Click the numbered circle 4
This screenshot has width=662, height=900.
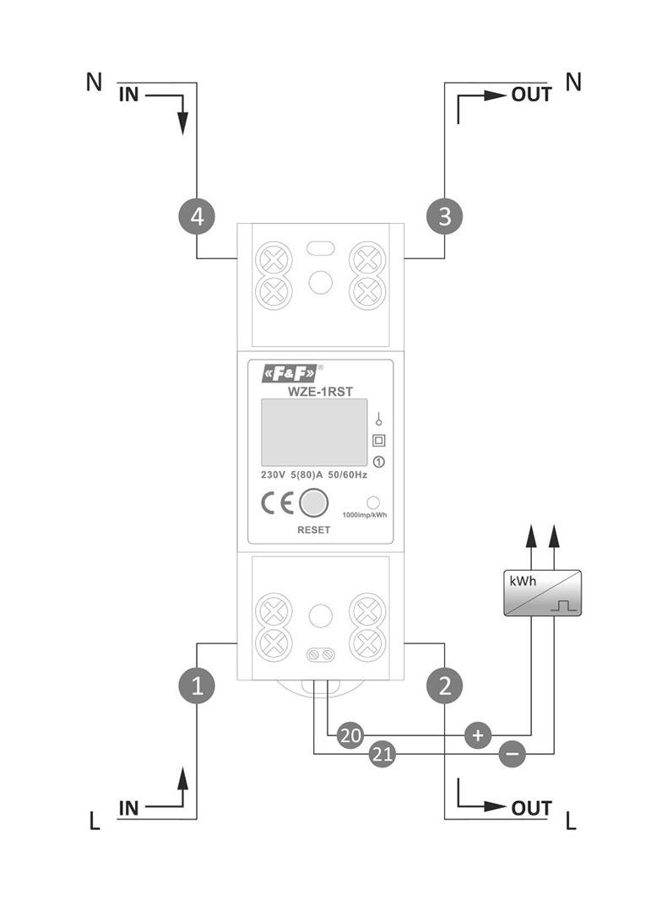(197, 217)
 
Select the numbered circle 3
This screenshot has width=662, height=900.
(445, 217)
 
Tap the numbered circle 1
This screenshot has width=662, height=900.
(197, 686)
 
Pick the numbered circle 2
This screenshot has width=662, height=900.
(445, 686)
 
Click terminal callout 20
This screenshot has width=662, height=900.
(350, 735)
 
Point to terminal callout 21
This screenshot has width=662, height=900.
(383, 754)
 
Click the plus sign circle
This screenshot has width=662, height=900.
(478, 735)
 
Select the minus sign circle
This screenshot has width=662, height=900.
(513, 754)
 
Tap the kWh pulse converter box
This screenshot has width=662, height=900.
(543, 593)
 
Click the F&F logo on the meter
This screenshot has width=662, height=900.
(289, 374)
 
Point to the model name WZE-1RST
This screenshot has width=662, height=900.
(320, 392)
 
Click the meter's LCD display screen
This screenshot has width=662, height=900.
(314, 432)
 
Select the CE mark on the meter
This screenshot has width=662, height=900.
(277, 503)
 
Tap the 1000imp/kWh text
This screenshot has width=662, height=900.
(365, 515)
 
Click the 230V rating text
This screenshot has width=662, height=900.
(274, 475)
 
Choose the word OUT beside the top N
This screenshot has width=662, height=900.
(532, 95)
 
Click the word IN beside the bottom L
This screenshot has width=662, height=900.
(129, 808)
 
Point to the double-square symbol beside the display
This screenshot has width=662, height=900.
(379, 441)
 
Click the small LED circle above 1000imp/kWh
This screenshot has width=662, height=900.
(373, 503)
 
